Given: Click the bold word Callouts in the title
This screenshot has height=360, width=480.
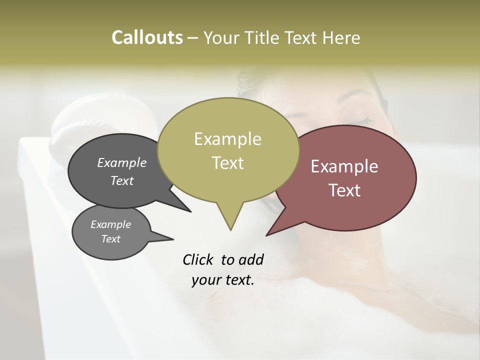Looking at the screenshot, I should point(147,38).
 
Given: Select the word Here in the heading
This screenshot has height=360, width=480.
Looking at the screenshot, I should point(341,38).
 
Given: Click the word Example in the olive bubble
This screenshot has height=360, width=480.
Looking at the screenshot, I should point(227,139).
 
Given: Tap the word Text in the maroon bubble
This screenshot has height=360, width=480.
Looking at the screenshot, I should point(345,190).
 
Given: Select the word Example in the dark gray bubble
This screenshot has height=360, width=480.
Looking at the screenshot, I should point(121,163).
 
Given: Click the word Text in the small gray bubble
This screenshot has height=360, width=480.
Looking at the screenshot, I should point(110,239).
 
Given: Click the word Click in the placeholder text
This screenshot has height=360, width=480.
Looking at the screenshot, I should point(199,259).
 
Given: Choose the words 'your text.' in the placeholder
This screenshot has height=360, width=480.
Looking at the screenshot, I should point(223,280).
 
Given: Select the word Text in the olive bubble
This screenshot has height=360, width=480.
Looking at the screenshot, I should point(227,163).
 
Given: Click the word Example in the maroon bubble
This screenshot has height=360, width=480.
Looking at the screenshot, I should point(344,166).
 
